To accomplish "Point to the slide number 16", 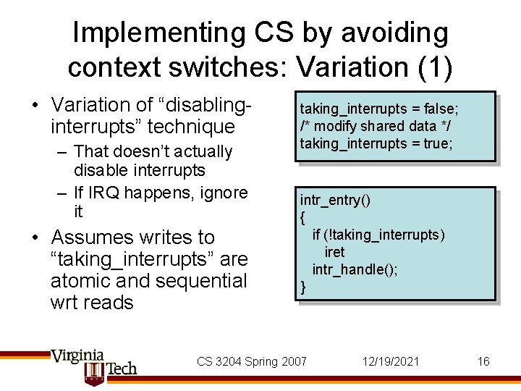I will click(483, 361).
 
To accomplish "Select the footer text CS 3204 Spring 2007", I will click(252, 361).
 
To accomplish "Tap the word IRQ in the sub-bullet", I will click(105, 193).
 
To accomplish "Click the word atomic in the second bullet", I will click(81, 280).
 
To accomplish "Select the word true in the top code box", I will click(437, 143).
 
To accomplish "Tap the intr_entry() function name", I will click(335, 201).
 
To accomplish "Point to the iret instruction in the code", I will click(335, 252).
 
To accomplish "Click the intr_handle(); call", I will click(355, 269).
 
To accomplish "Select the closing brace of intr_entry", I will click(303, 287).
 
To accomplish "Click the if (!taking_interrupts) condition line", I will click(378, 235).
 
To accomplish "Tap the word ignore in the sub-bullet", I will click(221, 193).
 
